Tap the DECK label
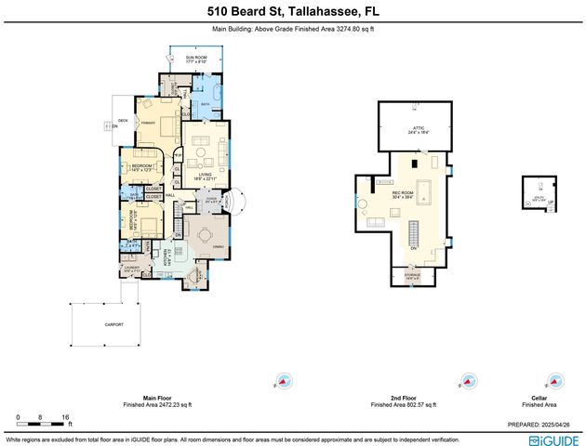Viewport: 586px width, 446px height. click(123, 121)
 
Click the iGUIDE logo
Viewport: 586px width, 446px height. click(553, 438)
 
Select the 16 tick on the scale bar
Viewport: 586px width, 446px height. click(63, 417)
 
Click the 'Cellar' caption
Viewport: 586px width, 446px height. click(531, 399)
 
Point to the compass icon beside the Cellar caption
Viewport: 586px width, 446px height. click(555, 380)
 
